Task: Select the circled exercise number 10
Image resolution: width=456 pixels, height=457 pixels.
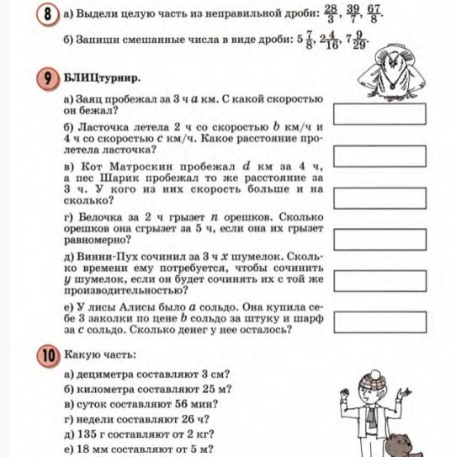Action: pyautogui.click(x=49, y=353)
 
